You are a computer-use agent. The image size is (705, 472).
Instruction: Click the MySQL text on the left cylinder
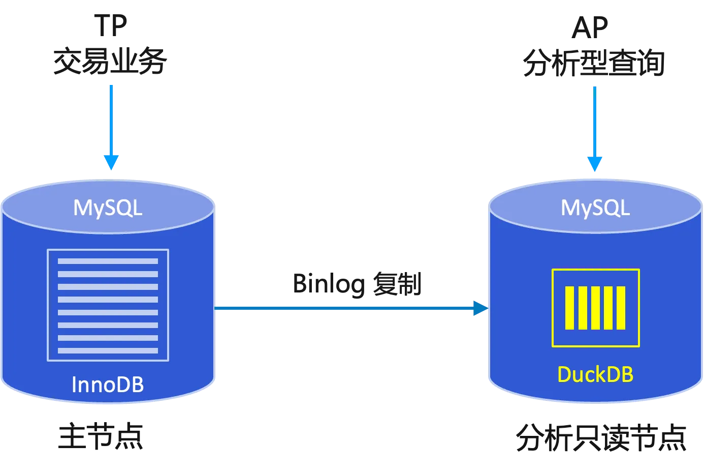pyautogui.click(x=108, y=208)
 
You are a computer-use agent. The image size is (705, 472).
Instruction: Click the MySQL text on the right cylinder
pyautogui.click(x=595, y=208)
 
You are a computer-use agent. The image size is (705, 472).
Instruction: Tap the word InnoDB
pyautogui.click(x=108, y=385)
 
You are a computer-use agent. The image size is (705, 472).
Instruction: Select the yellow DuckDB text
pyautogui.click(x=595, y=375)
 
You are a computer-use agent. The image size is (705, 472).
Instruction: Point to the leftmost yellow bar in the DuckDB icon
pyautogui.click(x=569, y=308)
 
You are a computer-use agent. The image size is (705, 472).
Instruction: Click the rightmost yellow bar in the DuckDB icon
pyautogui.click(x=621, y=308)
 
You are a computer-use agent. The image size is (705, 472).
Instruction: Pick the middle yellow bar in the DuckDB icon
pyautogui.click(x=595, y=308)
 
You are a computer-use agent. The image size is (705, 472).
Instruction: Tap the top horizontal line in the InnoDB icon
pyautogui.click(x=108, y=261)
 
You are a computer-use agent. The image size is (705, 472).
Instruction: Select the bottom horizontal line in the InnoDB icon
pyautogui.click(x=108, y=350)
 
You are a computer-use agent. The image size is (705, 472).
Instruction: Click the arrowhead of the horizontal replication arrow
pyautogui.click(x=479, y=308)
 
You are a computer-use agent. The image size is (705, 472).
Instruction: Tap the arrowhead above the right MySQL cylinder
pyautogui.click(x=595, y=164)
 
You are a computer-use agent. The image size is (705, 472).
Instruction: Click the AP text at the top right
pyautogui.click(x=589, y=29)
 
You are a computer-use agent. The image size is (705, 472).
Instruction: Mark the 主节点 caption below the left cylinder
pyautogui.click(x=101, y=437)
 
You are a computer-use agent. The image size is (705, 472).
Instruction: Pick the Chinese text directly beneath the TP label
pyautogui.click(x=110, y=62)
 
